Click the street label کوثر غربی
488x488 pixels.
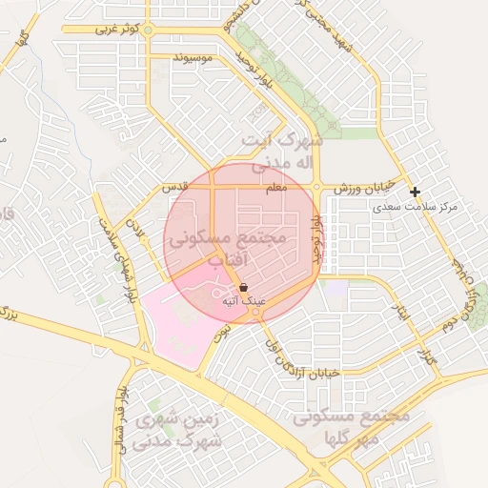coord(117,30)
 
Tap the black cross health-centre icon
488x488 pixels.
coord(415,192)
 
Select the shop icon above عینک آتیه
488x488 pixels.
coord(244,287)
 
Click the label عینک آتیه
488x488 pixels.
coord(242,301)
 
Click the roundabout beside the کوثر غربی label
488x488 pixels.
coord(155,30)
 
